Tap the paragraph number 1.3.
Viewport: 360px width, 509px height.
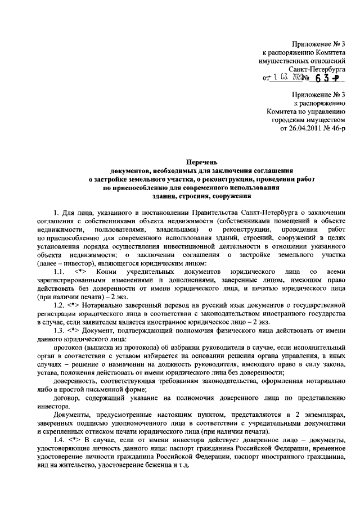(59, 330)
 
